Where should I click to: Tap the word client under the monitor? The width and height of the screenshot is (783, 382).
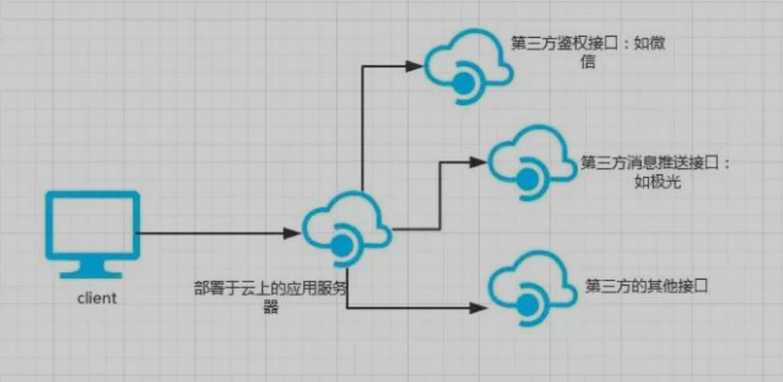coord(97,298)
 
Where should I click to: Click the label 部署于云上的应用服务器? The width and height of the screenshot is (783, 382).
coord(270,294)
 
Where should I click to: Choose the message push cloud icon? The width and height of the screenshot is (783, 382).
coord(531,160)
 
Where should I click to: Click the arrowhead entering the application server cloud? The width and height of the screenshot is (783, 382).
coord(293,233)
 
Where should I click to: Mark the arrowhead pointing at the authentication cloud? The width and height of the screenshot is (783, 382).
coord(416,66)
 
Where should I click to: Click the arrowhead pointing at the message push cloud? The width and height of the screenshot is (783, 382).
coord(479,162)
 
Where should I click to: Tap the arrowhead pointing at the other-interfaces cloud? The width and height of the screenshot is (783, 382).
coord(479,306)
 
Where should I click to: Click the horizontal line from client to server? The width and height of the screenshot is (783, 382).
coord(213,233)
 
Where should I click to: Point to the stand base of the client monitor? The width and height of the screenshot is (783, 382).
coord(92,273)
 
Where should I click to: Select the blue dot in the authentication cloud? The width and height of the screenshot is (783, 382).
coord(461,81)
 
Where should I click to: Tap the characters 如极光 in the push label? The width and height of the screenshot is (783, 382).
coord(657,182)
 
